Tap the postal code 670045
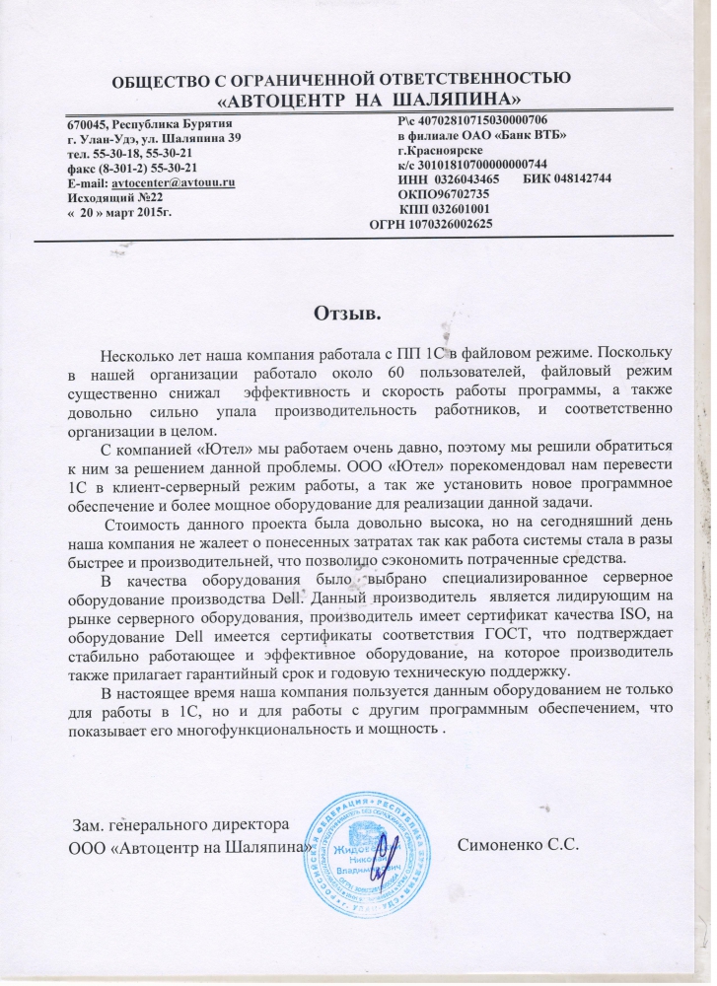pyautogui.click(x=88, y=124)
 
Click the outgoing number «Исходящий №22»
pyautogui.click(x=114, y=197)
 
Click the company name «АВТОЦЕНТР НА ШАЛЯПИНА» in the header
pyautogui.click(x=369, y=100)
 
